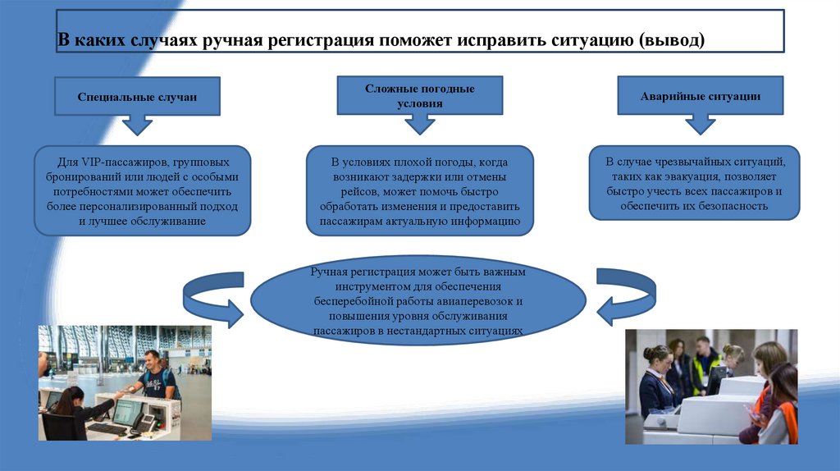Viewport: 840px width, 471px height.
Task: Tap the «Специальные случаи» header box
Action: [137, 97]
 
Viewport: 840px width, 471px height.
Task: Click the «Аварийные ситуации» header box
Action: [700, 96]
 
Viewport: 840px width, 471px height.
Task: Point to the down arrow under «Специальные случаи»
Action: [138, 125]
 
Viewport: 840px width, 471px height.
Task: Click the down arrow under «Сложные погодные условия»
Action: [420, 124]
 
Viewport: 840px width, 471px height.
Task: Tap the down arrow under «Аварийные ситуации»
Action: [700, 124]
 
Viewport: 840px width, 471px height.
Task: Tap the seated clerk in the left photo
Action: [71, 410]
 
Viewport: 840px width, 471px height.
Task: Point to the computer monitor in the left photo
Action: [126, 411]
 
